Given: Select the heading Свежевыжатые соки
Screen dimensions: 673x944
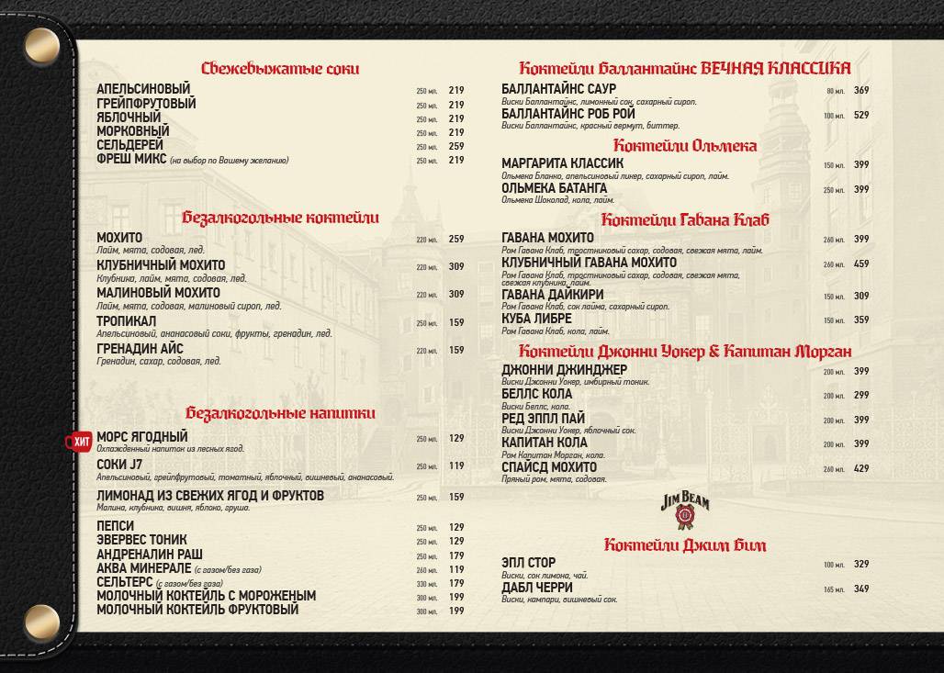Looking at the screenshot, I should click(x=280, y=69).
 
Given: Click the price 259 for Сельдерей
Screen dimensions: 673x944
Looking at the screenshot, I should click(x=456, y=146).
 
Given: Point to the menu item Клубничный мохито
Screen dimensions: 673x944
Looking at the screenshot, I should click(x=161, y=265).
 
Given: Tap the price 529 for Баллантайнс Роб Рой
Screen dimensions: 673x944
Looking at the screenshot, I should click(x=861, y=115).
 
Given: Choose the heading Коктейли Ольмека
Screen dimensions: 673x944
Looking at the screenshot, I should click(x=684, y=146).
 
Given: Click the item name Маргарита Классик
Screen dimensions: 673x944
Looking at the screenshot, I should click(x=562, y=164).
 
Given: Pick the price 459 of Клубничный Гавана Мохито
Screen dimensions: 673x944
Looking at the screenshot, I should click(x=861, y=264).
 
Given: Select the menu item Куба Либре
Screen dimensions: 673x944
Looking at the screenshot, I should click(x=536, y=320).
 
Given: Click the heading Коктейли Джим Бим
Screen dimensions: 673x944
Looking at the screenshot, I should click(x=684, y=545).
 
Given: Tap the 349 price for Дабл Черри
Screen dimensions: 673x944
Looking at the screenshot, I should click(x=861, y=589).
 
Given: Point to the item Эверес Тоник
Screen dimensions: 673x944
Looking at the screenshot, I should click(x=141, y=540).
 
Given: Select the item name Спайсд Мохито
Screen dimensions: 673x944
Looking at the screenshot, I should click(x=549, y=467).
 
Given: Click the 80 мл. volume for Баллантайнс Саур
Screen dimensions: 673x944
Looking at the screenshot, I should click(x=834, y=91).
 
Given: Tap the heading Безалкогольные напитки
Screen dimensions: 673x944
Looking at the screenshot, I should click(x=280, y=414).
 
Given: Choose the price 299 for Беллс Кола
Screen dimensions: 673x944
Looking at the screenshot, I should click(x=861, y=396).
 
